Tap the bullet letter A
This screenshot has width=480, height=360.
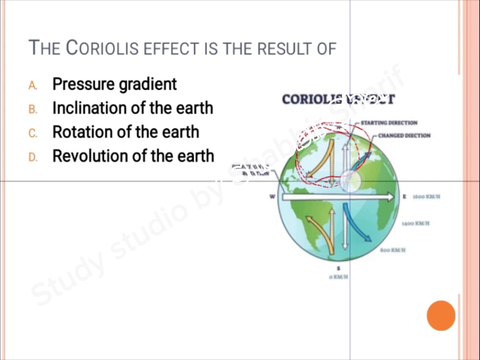tap(32, 85)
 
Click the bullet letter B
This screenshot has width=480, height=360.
tap(32, 109)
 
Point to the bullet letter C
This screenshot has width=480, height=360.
tap(32, 133)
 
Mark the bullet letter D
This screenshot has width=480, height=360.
tap(32, 157)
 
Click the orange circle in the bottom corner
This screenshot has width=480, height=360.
tap(441, 317)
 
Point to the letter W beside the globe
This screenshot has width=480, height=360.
tap(271, 197)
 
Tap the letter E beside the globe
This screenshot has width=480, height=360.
tap(403, 197)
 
